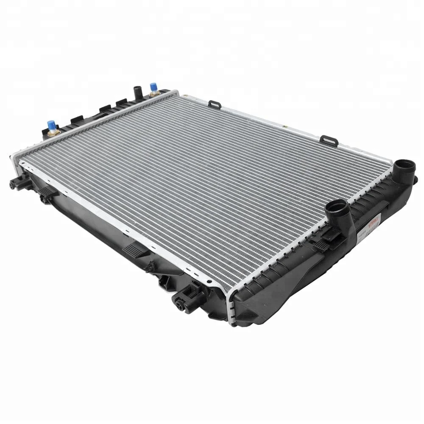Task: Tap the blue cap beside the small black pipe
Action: (153, 87)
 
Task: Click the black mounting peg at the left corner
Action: (15, 183)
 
